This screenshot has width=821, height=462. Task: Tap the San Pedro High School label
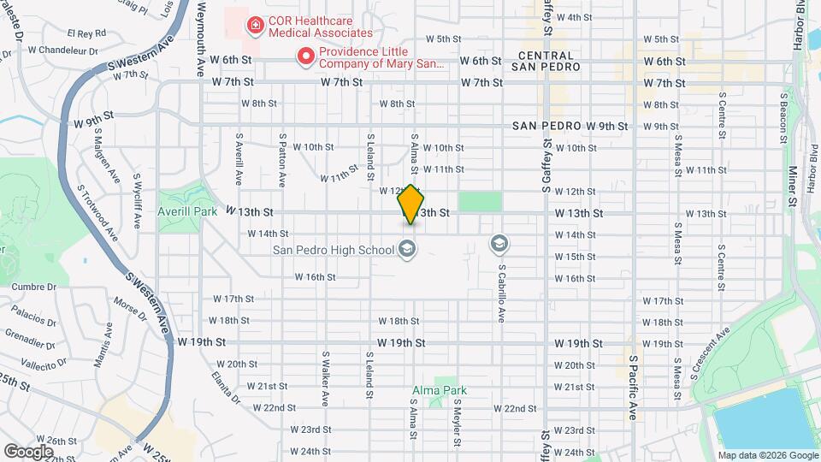point(334,250)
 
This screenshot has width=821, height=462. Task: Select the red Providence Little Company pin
point(304,57)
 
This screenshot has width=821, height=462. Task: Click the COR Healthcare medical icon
point(254,27)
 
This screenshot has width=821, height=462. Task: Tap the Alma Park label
point(440,390)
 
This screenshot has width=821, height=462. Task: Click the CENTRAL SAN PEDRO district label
point(546,61)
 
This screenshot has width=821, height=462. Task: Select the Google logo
point(28,451)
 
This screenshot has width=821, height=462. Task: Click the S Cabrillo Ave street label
point(502,290)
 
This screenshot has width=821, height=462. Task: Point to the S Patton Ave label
point(281,160)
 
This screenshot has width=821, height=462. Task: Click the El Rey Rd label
point(88,33)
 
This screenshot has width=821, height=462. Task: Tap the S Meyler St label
point(458,420)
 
